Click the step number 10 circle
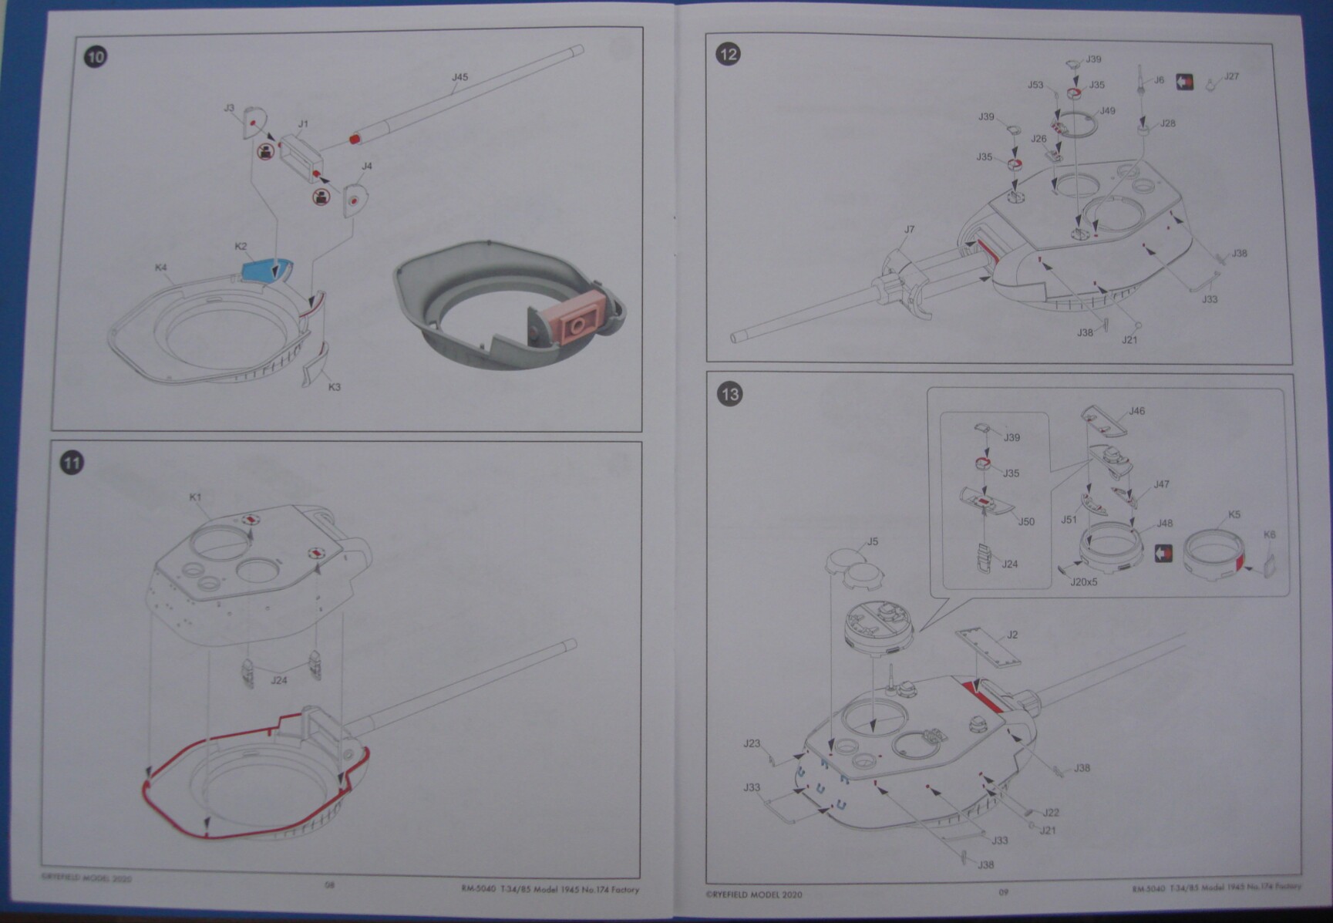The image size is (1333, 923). pos(96,57)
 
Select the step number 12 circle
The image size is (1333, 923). pos(728,54)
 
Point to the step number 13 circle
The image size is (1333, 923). pos(729,394)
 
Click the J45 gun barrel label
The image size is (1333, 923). pos(459,77)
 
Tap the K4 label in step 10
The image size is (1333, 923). pos(160,268)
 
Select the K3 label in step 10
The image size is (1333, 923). pos(334,386)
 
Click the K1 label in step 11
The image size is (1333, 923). pos(196,497)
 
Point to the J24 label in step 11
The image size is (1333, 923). pos(278,680)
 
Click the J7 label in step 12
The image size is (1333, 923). pos(910,229)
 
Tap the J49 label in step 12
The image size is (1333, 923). pos(1107,111)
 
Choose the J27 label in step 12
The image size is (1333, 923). pos(1231,76)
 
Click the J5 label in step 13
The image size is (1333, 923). pos(872,541)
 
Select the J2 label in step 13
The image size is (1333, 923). pos(1012,635)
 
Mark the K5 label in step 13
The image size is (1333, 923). pos(1234,514)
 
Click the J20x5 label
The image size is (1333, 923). pos(1084,582)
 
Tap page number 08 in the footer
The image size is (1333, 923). pos(329,885)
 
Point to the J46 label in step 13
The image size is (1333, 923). pos(1136,411)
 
